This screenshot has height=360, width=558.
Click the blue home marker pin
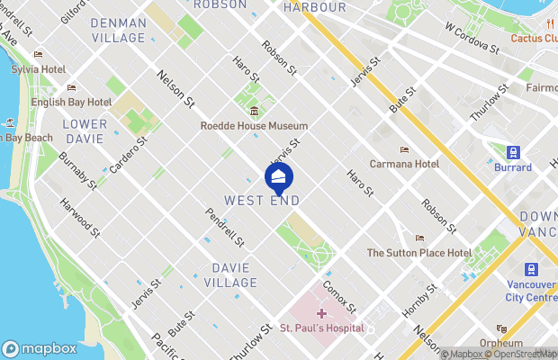click(279, 177)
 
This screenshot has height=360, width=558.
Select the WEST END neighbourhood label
click(261, 199)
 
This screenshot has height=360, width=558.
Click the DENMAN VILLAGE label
click(118, 30)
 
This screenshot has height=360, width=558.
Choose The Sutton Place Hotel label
click(418, 253)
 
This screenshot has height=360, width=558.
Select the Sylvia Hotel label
click(38, 69)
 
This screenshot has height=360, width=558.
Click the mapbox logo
click(39, 348)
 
